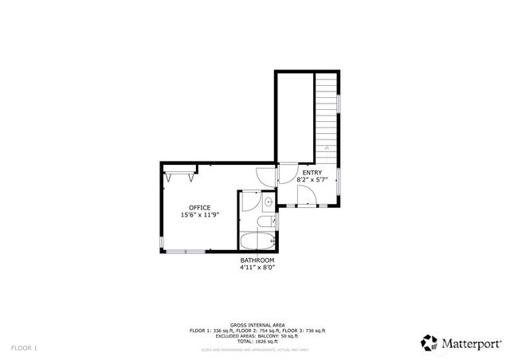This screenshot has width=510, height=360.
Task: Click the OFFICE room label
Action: coord(199,207)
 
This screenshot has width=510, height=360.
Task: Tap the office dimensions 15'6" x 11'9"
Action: coord(199,214)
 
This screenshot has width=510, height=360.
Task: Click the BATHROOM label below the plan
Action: coord(257,260)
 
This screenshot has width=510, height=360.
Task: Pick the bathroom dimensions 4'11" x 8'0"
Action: coord(257,268)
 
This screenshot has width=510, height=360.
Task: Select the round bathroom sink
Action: coord(269,202)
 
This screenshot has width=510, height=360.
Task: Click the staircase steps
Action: coord(326,112)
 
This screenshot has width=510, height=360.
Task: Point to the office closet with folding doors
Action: coord(178,171)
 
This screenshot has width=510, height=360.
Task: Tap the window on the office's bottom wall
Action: coord(185,252)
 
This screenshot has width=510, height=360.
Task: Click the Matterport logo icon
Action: coord(430,342)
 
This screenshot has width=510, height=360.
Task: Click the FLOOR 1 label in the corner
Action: coord(24,348)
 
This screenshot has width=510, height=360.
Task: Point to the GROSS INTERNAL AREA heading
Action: coord(257,325)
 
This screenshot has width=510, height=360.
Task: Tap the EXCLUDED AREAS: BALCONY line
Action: coord(257,335)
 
